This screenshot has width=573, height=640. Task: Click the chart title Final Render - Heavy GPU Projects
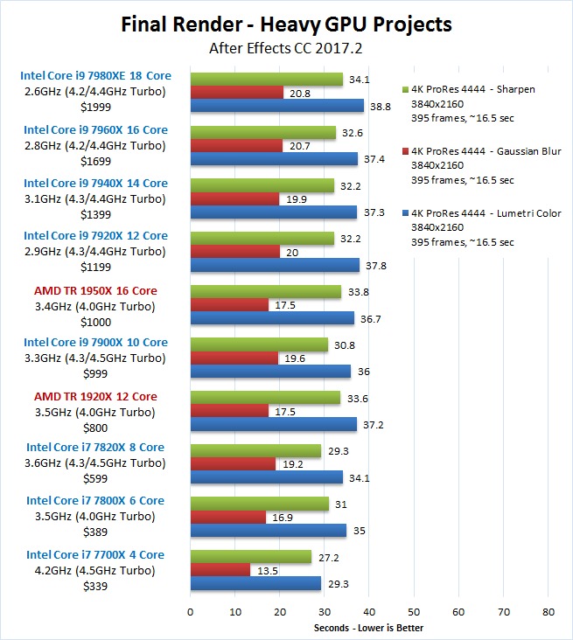coord(286,24)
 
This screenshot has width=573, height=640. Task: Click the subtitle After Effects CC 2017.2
coord(286,48)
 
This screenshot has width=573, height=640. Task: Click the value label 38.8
coord(381,105)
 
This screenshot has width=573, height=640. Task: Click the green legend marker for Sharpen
coord(404,89)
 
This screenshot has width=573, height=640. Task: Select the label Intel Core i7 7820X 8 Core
coord(95,448)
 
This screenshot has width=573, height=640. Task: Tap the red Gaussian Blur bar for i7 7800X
coord(227,518)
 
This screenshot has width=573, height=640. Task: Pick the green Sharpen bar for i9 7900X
coord(259,344)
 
